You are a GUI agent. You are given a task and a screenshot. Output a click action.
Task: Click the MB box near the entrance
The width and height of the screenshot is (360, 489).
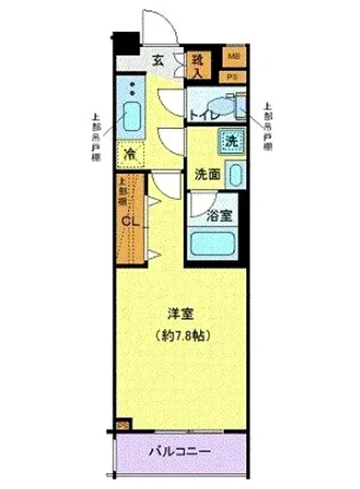(x=234, y=57)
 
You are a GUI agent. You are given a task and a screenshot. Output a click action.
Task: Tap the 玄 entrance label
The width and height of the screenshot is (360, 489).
(x=158, y=61)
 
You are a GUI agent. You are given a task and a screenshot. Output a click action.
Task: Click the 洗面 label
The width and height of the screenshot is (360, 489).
(x=205, y=174)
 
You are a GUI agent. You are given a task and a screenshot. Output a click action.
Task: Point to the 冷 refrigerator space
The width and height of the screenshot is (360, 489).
(x=131, y=154)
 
